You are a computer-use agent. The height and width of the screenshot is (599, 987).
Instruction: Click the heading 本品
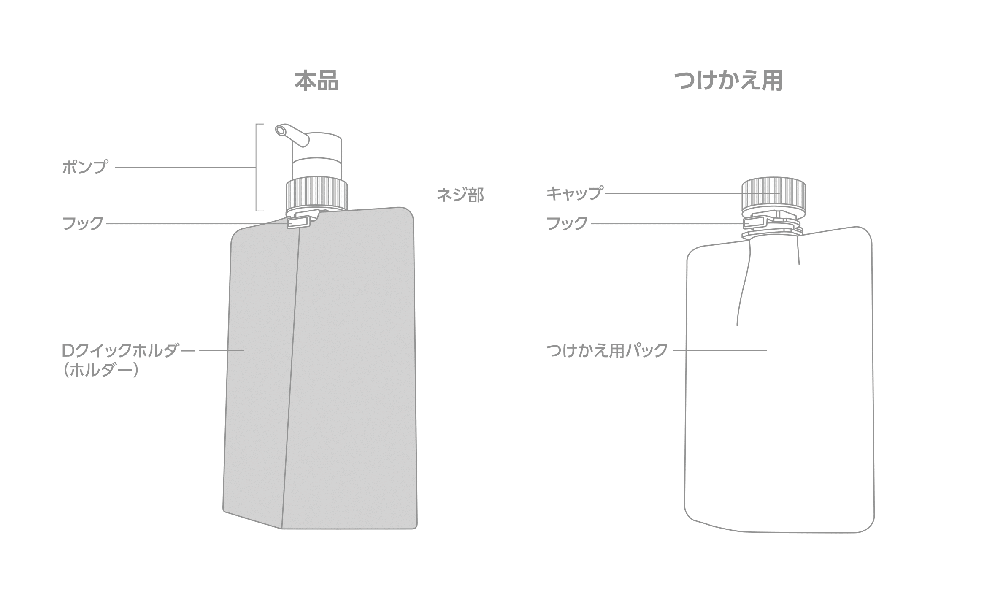click(316, 81)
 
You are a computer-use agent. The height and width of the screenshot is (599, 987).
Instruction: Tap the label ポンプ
click(85, 168)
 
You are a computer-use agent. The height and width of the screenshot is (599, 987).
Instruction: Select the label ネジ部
click(460, 195)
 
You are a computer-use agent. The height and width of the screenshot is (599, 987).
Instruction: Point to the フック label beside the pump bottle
click(83, 224)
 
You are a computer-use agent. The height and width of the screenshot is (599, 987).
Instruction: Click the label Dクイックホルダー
click(129, 350)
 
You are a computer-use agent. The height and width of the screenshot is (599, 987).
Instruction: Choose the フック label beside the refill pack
click(567, 224)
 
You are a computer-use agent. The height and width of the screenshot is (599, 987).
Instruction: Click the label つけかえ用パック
click(607, 350)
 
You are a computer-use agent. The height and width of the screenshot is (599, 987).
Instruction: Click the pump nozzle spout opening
click(280, 131)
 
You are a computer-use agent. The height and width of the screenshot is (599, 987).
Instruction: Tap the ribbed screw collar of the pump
click(316, 194)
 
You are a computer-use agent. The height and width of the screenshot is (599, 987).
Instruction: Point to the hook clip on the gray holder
click(299, 222)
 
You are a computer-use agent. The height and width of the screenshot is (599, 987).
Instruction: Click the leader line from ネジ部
click(384, 195)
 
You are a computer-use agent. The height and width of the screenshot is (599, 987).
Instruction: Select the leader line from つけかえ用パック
click(720, 350)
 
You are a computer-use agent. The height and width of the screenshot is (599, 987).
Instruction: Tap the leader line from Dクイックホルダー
click(222, 350)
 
